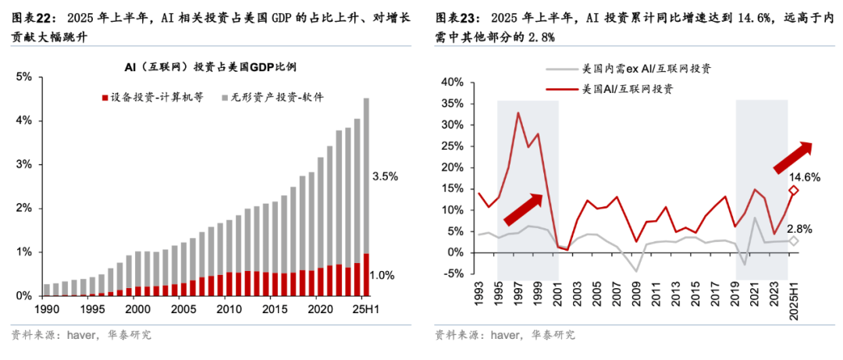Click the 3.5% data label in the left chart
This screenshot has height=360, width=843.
(x=385, y=176)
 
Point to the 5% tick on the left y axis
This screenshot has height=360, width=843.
(x=23, y=77)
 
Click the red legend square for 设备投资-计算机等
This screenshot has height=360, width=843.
(x=105, y=98)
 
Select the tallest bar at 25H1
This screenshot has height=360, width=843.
(x=367, y=195)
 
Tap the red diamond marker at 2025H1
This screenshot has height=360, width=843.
(x=793, y=190)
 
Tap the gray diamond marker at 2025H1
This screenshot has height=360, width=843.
(x=793, y=241)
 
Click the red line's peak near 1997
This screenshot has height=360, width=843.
(x=518, y=112)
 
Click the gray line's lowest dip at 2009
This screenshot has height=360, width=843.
(x=637, y=271)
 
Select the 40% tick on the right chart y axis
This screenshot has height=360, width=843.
(x=453, y=82)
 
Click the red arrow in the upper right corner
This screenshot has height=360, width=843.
(x=793, y=156)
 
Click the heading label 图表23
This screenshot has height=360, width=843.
(x=454, y=18)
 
